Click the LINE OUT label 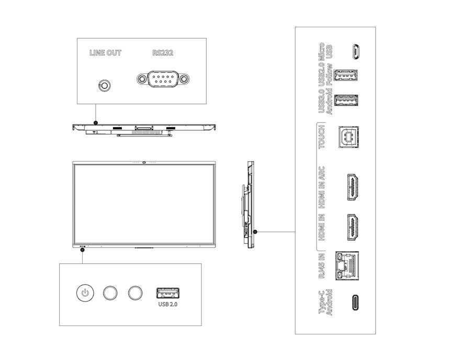[105, 53]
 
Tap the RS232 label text [163, 53]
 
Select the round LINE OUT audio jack [105, 85]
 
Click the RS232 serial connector [163, 78]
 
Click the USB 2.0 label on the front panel [168, 304]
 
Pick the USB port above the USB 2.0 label [168, 293]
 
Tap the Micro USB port [355, 52]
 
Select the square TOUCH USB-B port [348, 137]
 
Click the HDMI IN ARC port [353, 187]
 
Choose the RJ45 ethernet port [347, 265]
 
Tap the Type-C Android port [356, 302]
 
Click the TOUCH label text [322, 137]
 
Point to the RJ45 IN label [322, 265]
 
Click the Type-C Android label [325, 302]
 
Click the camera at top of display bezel [144, 163]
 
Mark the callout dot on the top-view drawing [96, 123]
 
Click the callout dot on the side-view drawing [255, 232]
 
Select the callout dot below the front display [82, 250]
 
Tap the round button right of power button [110, 293]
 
